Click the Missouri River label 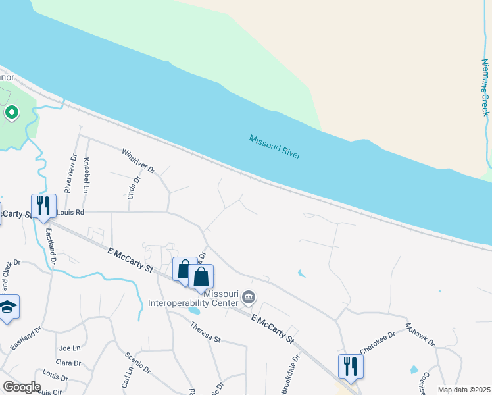(x=275, y=147)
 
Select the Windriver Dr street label (x=138, y=161)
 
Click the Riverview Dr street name (x=70, y=174)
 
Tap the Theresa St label (x=205, y=332)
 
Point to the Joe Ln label (x=69, y=348)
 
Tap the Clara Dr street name (x=68, y=363)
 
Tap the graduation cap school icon (x=8, y=307)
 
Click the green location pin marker (x=11, y=113)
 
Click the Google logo (x=22, y=387)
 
